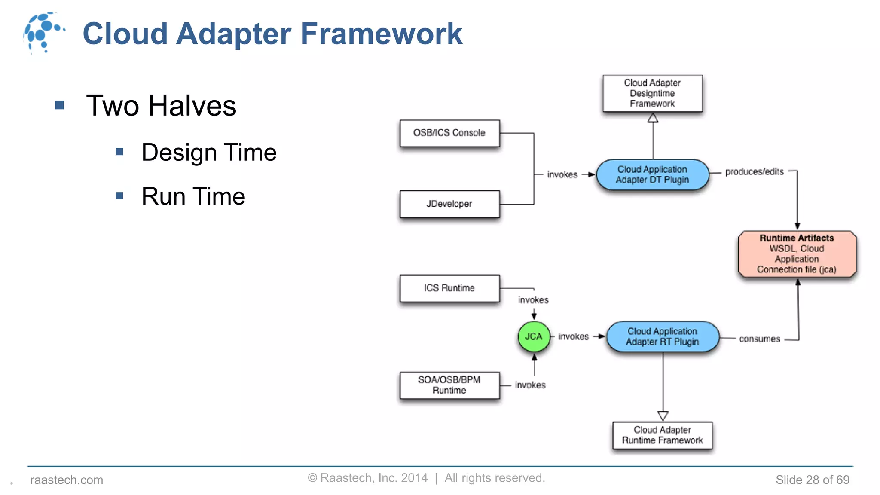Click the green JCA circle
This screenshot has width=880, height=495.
tap(534, 336)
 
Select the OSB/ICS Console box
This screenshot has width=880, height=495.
tap(449, 133)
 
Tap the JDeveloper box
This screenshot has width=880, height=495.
tap(449, 204)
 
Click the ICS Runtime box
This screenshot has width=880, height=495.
tap(449, 288)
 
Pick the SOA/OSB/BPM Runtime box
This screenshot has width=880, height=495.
tap(449, 385)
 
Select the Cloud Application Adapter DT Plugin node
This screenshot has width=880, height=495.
tap(652, 175)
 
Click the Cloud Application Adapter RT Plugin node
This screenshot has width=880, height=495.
tap(662, 337)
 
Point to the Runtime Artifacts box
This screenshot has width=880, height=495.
tap(797, 254)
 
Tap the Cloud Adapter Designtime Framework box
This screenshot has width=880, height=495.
tap(652, 93)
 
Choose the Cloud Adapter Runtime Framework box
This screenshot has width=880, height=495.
tap(662, 435)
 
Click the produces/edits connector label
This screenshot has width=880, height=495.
tap(754, 172)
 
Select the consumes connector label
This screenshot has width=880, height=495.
tap(759, 339)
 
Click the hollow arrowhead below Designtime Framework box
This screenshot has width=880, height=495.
tap(653, 118)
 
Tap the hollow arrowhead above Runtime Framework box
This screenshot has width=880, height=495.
tap(663, 416)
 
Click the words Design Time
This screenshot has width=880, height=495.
tap(209, 153)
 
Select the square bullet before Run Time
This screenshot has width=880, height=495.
tap(119, 196)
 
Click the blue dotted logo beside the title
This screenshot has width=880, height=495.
tap(43, 33)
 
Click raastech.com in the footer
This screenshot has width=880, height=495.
tap(67, 480)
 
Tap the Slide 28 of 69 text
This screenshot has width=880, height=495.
tap(812, 480)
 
